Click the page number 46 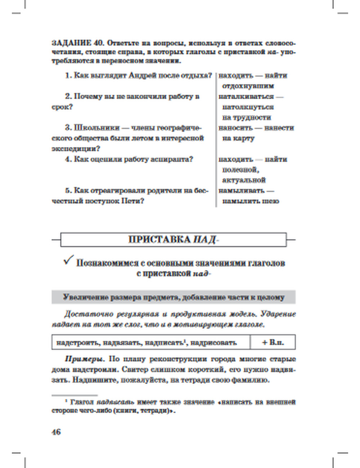57,432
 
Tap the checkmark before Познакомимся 68,260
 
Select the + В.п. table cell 273,342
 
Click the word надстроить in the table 77,343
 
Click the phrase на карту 238,138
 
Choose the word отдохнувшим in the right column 248,86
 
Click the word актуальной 244,180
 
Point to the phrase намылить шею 250,201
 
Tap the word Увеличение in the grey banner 85,297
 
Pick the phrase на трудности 247,117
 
